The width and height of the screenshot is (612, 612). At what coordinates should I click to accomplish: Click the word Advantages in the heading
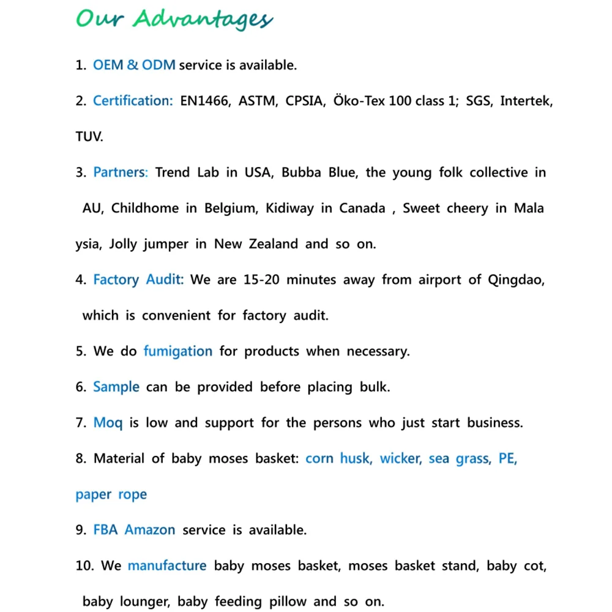coord(203,20)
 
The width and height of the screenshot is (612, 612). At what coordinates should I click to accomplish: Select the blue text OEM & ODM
coord(134,65)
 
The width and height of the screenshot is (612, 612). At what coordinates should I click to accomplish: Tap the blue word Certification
coord(133,101)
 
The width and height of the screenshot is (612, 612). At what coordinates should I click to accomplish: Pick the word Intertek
coord(526,101)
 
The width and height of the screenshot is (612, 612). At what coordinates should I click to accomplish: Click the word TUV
coord(89,136)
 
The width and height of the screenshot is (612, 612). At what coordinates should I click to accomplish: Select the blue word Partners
coord(121,173)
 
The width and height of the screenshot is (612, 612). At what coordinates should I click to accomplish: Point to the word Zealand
coord(273,244)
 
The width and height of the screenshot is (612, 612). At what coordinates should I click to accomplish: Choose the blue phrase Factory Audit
coord(138,280)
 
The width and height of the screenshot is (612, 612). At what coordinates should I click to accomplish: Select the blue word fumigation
coord(178,351)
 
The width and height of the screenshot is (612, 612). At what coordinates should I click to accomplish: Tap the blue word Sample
coord(116,387)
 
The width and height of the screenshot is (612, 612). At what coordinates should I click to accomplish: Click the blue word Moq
coord(108,423)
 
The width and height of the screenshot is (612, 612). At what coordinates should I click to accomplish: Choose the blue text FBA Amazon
coord(134,530)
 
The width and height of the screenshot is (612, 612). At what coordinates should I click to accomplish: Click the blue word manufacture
coord(167,565)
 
